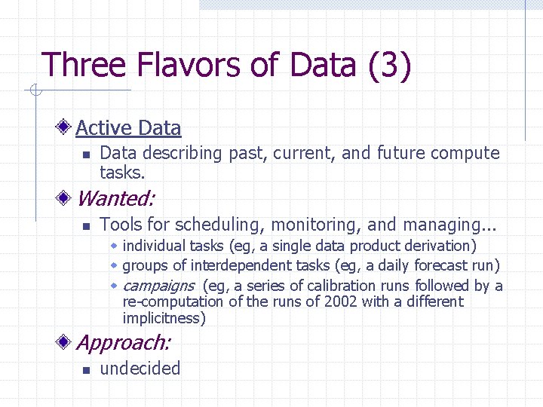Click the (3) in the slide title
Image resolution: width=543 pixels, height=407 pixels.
click(x=390, y=65)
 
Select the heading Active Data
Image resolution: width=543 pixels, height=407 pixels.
click(x=128, y=128)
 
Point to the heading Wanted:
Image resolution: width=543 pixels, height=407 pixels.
click(x=115, y=199)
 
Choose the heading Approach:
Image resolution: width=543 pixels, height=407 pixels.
click(x=124, y=343)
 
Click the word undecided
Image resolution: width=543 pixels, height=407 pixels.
click(x=140, y=369)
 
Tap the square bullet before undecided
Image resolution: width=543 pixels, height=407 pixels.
click(x=86, y=370)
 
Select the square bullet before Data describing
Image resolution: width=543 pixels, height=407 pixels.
click(x=86, y=155)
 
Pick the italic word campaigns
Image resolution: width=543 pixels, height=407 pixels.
click(x=158, y=286)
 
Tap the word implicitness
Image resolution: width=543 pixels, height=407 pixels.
click(x=164, y=318)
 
